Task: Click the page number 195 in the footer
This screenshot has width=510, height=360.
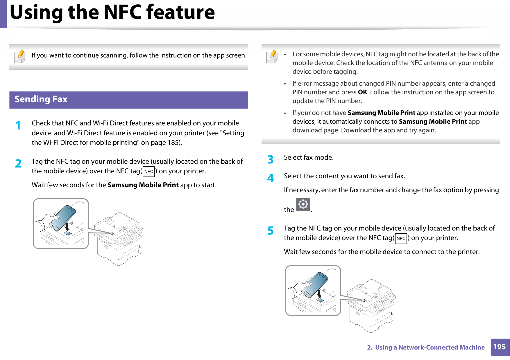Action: coord(500,347)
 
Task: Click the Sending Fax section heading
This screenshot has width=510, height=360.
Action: coord(41,99)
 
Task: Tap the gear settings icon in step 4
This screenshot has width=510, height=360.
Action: coord(303,204)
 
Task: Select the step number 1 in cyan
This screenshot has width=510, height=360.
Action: coord(18,125)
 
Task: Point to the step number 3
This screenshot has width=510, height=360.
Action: coord(270,159)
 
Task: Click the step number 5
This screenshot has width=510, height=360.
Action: coord(270,231)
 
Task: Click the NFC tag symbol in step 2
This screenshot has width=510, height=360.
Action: coord(149,172)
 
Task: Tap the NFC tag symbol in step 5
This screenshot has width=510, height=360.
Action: coord(401,238)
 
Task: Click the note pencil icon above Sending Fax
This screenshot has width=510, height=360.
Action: coord(20,56)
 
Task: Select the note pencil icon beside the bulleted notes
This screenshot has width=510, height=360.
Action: coord(272,56)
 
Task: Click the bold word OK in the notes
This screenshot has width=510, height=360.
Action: coord(362,92)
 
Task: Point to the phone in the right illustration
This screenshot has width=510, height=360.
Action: coord(315,284)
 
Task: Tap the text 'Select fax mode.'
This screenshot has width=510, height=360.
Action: coord(309,157)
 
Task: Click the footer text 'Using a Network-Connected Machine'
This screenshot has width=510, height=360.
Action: coord(430,347)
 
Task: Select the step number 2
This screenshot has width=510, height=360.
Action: coord(18,164)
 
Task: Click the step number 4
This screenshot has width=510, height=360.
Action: coord(270,178)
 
